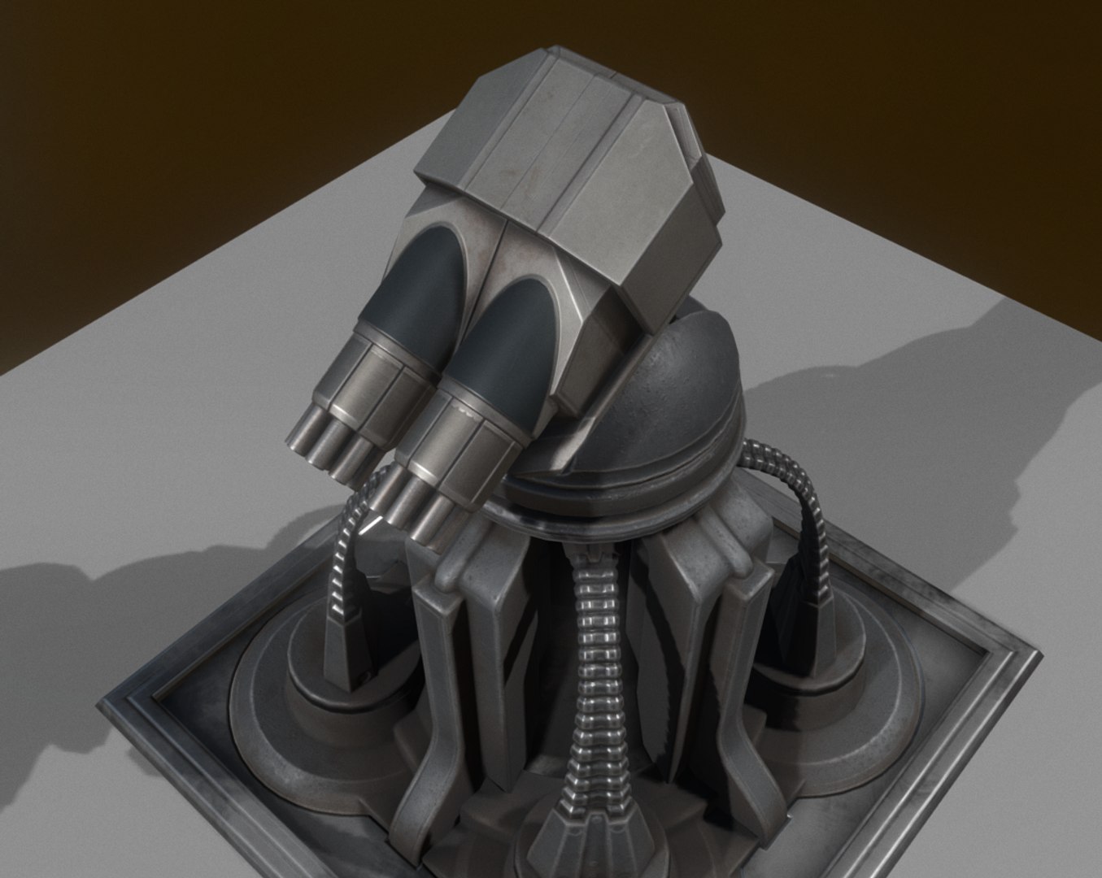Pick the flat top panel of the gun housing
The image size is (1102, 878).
pos(537,114)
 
